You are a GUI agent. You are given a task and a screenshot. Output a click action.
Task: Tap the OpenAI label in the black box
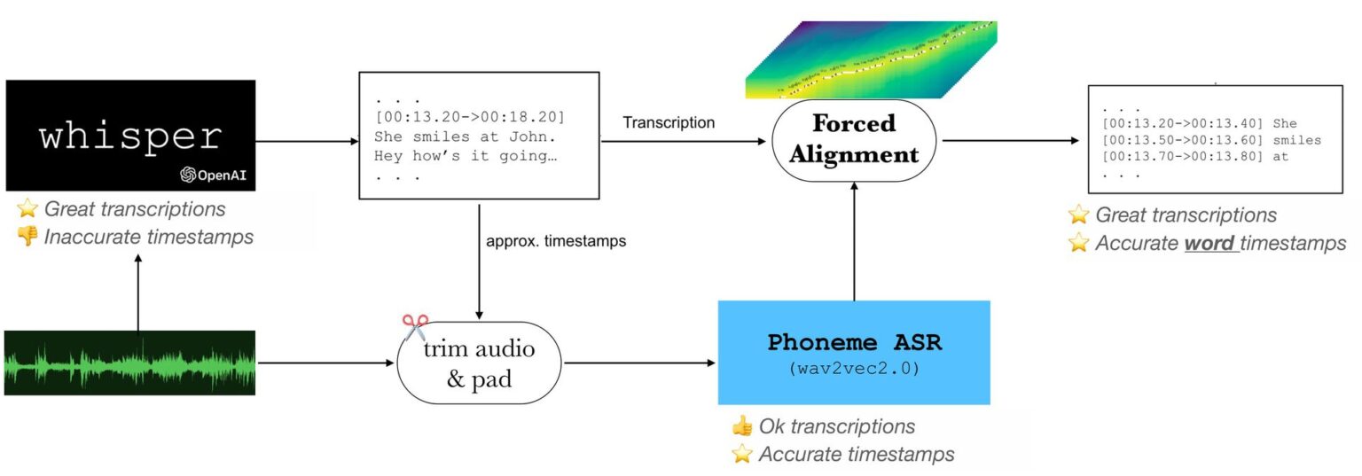tap(215, 175)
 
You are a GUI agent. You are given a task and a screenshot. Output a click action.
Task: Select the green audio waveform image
tap(129, 363)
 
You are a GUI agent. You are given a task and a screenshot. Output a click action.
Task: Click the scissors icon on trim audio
tap(414, 327)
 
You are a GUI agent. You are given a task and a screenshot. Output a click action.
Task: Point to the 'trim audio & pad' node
tap(479, 363)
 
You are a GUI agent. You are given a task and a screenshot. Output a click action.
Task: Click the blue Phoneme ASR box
tap(853, 353)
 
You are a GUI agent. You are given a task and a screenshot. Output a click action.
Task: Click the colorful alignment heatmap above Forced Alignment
tap(871, 60)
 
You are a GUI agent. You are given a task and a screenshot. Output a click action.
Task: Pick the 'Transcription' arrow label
tap(669, 123)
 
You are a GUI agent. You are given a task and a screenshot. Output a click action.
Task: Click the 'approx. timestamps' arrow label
tap(556, 241)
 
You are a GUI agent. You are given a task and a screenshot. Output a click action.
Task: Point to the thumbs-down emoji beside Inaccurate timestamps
tap(27, 237)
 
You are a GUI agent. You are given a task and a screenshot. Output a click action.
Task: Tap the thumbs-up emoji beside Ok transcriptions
tap(741, 426)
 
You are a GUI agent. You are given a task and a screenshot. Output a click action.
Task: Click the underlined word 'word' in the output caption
tap(1210, 243)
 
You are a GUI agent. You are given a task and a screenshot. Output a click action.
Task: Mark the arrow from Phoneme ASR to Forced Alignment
tap(853, 239)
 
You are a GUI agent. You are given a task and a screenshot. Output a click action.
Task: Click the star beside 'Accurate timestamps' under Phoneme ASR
tap(741, 455)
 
